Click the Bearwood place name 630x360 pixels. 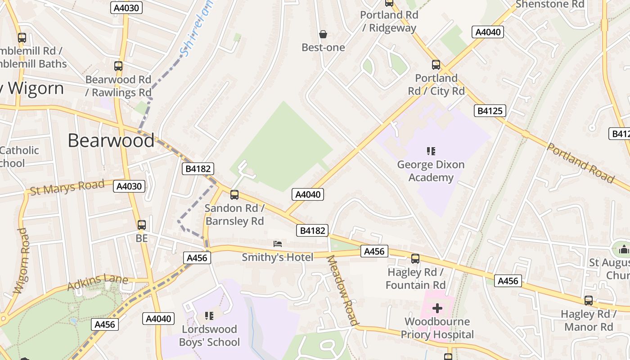click(111, 140)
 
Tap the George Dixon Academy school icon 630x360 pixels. click(431, 151)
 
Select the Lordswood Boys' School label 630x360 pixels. click(210, 336)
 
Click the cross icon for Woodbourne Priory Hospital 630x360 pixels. click(437, 309)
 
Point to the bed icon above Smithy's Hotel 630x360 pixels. click(278, 244)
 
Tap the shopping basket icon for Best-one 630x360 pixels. click(323, 34)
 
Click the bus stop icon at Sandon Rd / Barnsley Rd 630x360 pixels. click(234, 195)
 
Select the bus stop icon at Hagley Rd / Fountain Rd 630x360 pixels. click(415, 259)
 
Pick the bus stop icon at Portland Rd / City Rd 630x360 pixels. click(436, 65)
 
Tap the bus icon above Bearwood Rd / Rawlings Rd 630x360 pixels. click(118, 66)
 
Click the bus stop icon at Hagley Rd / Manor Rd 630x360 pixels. click(589, 301)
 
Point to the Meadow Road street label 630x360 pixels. click(342, 290)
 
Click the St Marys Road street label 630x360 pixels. click(67, 187)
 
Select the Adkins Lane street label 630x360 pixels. click(98, 282)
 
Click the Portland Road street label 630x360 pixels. click(580, 163)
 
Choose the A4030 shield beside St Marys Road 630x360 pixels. click(129, 186)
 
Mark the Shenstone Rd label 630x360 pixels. click(550, 4)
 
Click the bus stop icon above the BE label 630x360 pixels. click(142, 225)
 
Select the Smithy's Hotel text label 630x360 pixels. click(278, 257)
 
